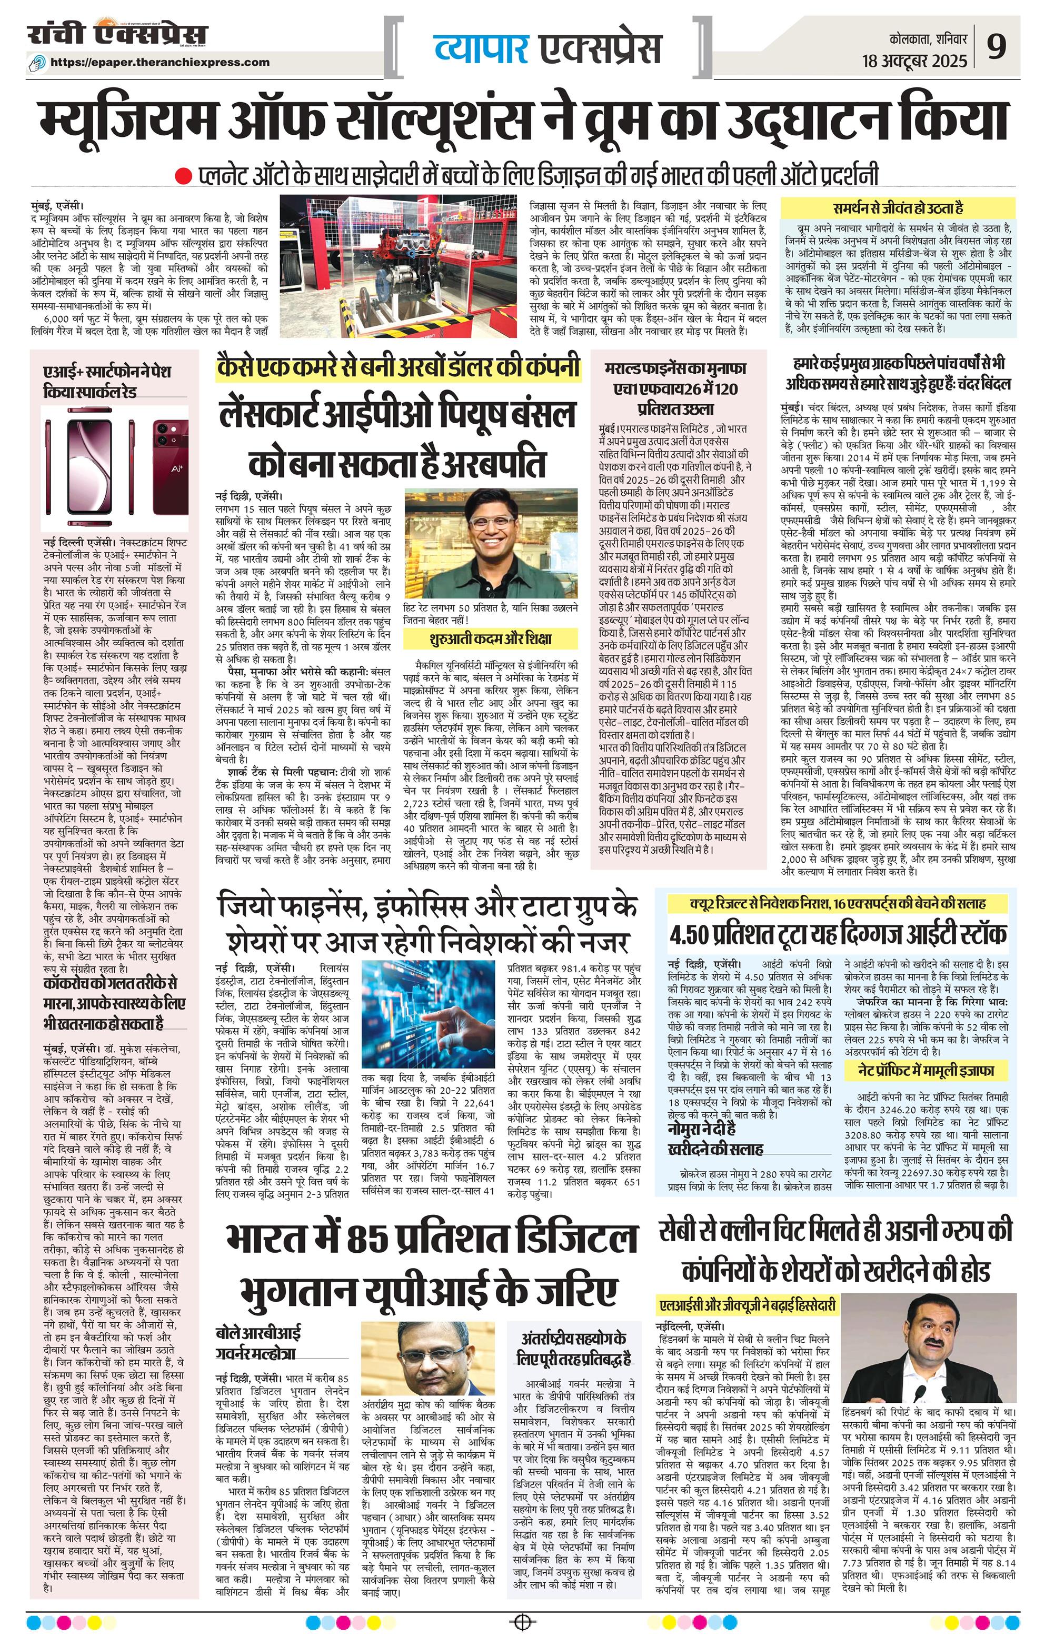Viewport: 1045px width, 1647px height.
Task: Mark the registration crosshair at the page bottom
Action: point(522,1619)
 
